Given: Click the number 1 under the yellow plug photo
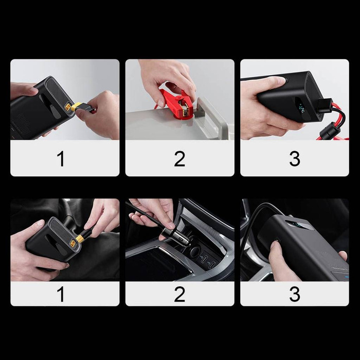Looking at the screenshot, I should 61,158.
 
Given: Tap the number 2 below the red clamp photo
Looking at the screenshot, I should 179,158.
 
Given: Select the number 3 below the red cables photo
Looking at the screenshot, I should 294,158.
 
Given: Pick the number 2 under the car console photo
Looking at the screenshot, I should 179,294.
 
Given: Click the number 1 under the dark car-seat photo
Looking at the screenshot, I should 61,294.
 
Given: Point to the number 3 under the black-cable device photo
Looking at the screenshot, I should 294,294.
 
